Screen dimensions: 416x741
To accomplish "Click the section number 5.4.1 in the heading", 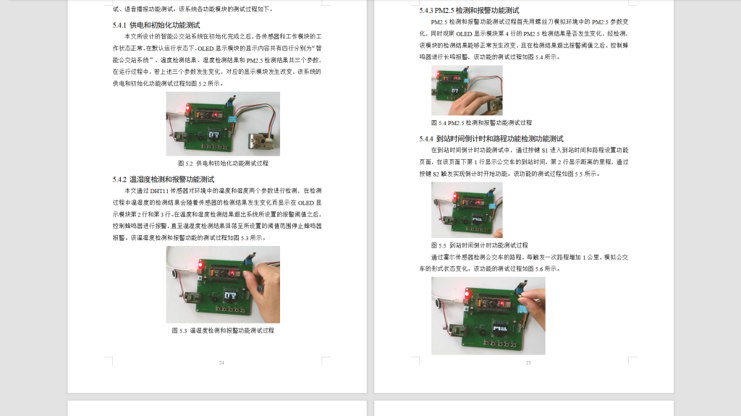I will (119, 25).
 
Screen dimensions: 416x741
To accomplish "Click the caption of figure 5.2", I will (222, 164).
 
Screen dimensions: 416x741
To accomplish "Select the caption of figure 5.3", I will (223, 331).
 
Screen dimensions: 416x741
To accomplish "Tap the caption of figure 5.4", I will (481, 123).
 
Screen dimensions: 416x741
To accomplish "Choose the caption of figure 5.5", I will (479, 245).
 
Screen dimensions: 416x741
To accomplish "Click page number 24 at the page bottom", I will (221, 362).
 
